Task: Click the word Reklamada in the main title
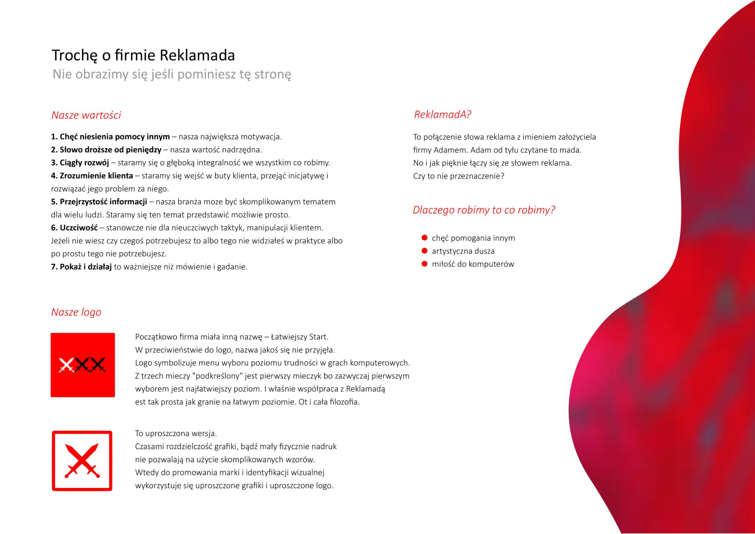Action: point(197,55)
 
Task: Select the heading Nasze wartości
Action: point(86,115)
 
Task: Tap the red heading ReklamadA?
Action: point(442,114)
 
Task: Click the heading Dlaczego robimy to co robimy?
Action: point(484,210)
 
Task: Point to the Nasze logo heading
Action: point(76,312)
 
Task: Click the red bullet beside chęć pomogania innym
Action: point(424,238)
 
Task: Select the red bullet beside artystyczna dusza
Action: point(424,251)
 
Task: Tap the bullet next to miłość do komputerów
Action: point(424,264)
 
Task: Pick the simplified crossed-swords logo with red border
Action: point(82,461)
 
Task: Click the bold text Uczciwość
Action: point(79,228)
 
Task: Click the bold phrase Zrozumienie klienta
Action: point(96,176)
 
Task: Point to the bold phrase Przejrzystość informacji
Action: point(103,202)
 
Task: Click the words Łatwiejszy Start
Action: point(299,337)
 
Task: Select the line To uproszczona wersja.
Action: point(176,433)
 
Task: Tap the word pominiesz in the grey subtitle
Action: point(207,74)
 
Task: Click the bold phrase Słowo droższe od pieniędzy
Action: point(110,150)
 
